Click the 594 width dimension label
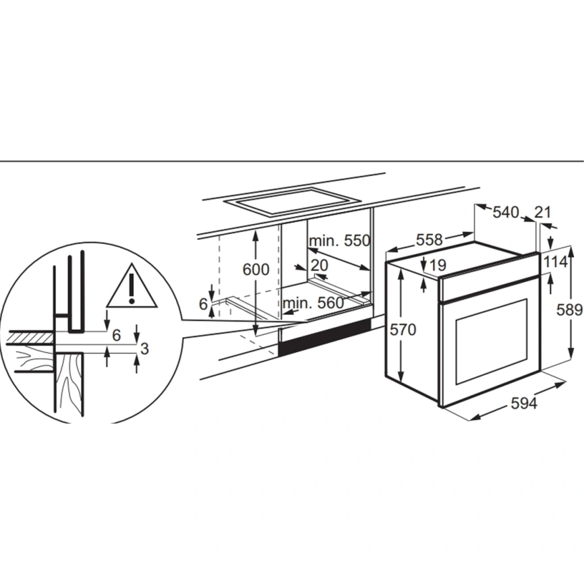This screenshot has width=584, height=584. (x=524, y=403)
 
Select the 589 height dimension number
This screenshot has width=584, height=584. (x=569, y=310)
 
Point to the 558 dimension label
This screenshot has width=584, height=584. (x=429, y=240)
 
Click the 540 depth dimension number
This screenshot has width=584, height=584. (x=506, y=212)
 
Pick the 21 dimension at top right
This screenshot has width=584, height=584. (x=542, y=212)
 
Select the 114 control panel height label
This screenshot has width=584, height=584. (x=556, y=262)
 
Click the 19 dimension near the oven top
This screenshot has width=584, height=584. (x=438, y=265)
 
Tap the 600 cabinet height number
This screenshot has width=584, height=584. (x=256, y=269)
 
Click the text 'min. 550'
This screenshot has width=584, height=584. (x=339, y=241)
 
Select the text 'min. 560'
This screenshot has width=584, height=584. (x=313, y=303)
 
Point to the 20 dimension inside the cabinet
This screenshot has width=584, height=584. (x=319, y=265)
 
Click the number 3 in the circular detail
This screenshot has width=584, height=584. (x=144, y=349)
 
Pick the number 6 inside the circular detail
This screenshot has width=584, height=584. (x=117, y=335)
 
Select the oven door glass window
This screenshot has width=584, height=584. (x=491, y=341)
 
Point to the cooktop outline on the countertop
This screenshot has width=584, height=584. (x=293, y=202)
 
